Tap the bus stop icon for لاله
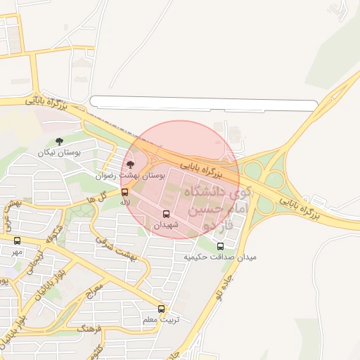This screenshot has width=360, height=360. click(124, 191)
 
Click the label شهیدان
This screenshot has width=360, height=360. click(167, 224)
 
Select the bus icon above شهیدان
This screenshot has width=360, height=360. click(167, 214)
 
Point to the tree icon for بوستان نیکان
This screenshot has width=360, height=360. click(58, 142)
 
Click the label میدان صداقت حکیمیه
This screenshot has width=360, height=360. click(221, 257)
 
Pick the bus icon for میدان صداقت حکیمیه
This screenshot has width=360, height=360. click(221, 246)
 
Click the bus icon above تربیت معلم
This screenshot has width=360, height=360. click(162, 309)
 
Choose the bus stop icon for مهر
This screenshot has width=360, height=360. click(17, 241)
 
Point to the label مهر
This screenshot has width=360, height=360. click(17, 251)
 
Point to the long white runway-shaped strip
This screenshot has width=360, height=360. click(204, 104)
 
